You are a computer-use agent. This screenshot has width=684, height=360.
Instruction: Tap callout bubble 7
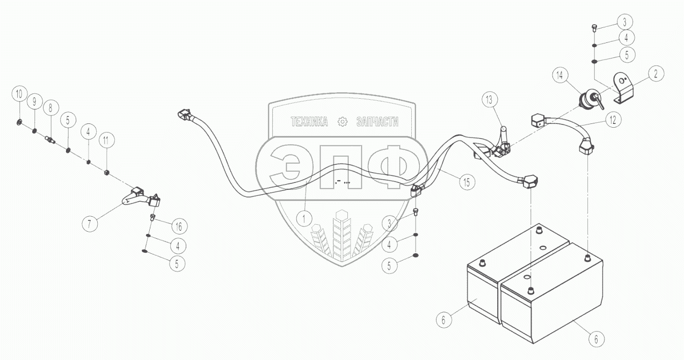(90, 222)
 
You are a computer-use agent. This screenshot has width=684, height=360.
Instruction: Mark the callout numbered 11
(106, 141)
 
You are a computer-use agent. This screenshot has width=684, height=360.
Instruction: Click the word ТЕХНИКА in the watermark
(309, 122)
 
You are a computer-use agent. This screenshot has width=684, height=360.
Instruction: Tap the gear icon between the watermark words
(342, 122)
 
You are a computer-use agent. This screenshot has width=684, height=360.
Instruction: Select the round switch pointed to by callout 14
(587, 100)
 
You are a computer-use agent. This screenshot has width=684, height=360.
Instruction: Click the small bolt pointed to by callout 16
(152, 218)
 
